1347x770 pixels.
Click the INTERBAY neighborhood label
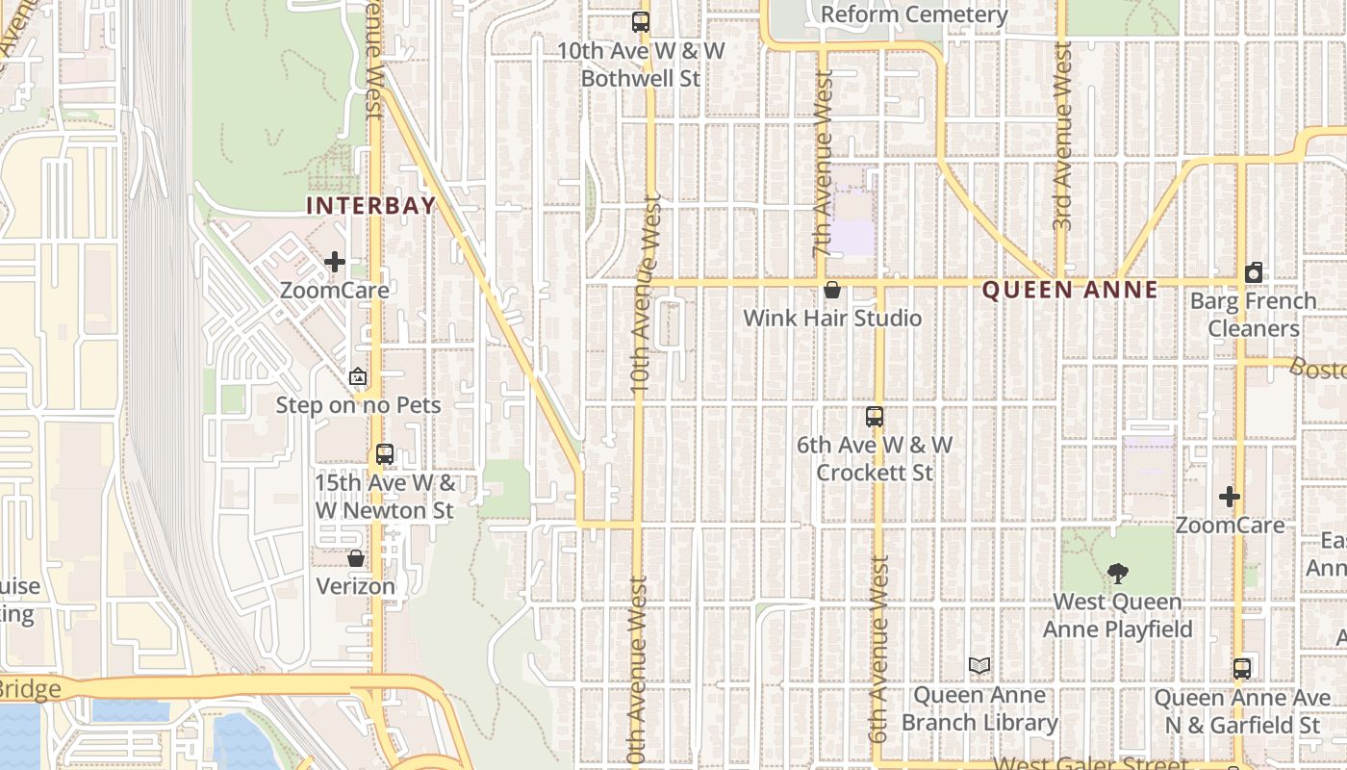[x=370, y=205]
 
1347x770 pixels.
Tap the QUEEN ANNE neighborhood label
[x=1070, y=291]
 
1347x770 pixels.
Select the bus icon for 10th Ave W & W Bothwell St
[x=641, y=22]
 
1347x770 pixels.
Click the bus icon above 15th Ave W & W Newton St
[x=385, y=454]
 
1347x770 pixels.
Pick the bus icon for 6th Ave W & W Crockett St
[x=874, y=417]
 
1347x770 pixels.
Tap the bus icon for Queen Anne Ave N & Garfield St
[x=1242, y=669]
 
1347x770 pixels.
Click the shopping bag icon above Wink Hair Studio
[x=832, y=290]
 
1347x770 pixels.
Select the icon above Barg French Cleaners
[x=1253, y=273]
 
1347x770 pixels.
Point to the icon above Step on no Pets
[x=358, y=377]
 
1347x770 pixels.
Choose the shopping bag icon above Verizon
[x=356, y=558]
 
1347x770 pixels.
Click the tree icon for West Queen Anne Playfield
[x=1117, y=575]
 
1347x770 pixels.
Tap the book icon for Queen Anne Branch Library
[x=979, y=666]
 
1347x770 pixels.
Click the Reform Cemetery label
[x=914, y=15]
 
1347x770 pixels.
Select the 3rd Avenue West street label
[x=1062, y=135]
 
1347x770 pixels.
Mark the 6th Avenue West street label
[x=878, y=649]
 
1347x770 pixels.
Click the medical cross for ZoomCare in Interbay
[x=335, y=262]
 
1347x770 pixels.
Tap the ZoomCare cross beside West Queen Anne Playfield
[x=1230, y=497]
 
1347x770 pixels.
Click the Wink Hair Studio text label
[x=832, y=319]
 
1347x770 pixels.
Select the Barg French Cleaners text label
[x=1253, y=315]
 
